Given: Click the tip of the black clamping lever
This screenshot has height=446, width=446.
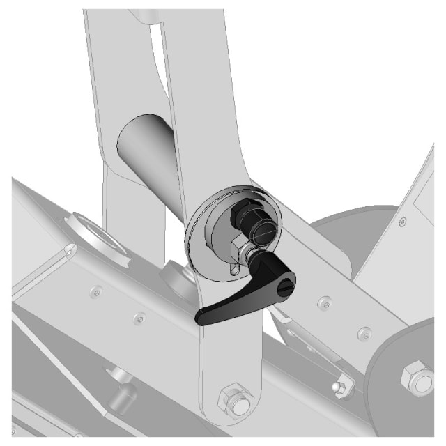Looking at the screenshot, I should click(x=201, y=319).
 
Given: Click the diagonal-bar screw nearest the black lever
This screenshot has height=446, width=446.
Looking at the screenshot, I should click(x=323, y=302).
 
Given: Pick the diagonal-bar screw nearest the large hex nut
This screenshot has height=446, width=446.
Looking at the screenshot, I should click(x=362, y=333).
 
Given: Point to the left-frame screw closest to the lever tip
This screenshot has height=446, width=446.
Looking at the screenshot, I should click(x=141, y=318).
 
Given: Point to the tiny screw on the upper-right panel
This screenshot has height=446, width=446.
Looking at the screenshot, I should click(x=403, y=222).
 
